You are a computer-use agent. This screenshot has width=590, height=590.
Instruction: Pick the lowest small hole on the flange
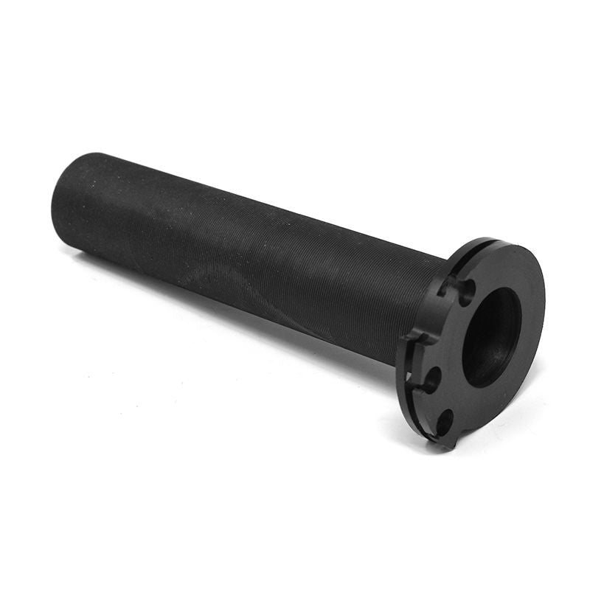(x=444, y=422)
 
